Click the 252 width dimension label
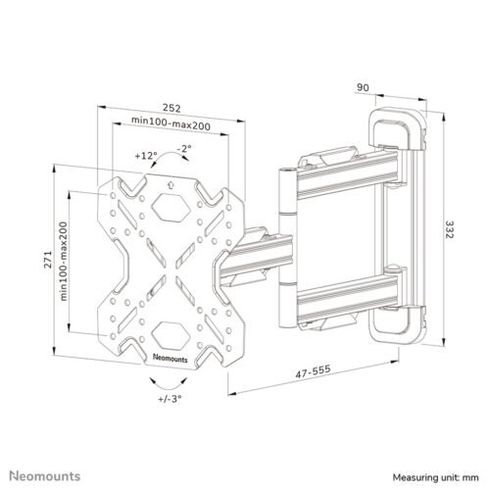tap(171, 108)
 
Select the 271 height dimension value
tap(48, 260)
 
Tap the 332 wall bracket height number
tap(450, 229)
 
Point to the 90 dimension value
tap(363, 87)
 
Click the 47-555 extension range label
tap(313, 371)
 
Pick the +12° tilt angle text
tap(146, 156)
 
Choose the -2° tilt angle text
tap(184, 148)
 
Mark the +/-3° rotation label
tap(170, 399)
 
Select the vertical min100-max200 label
tap(64, 262)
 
